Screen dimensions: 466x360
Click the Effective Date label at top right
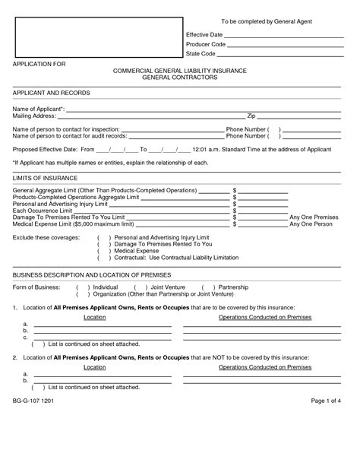coord(204,35)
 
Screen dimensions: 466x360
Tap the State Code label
coord(201,55)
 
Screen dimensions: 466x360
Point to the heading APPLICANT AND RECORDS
coord(52,93)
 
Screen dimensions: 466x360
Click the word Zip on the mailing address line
coord(251,116)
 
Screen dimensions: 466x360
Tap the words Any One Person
coord(312,224)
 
